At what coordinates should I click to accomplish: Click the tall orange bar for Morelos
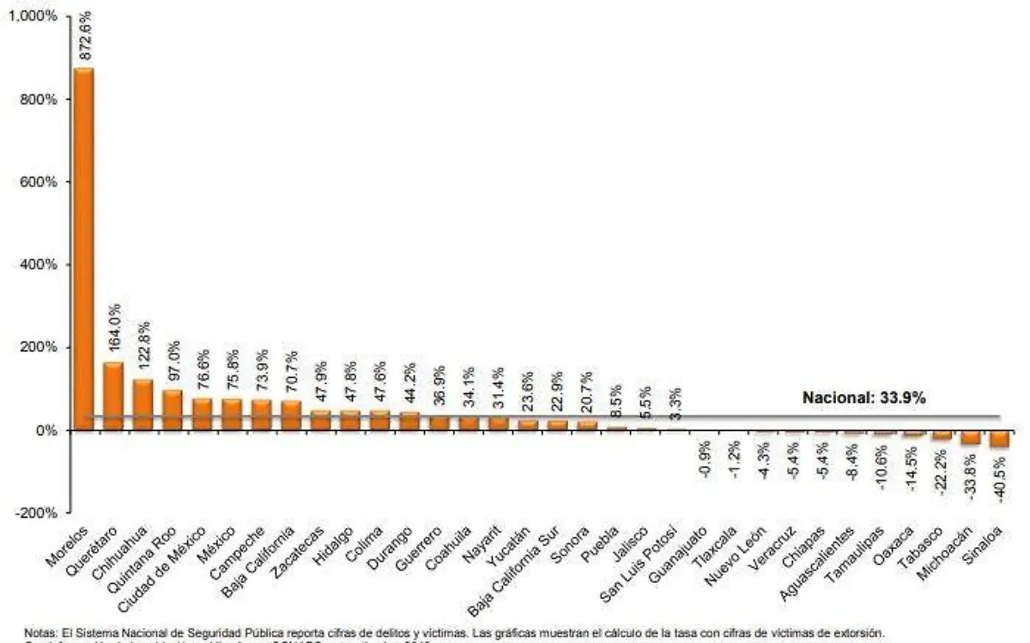click(x=83, y=249)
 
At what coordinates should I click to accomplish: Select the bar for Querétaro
click(x=113, y=396)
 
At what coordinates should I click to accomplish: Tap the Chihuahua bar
click(x=142, y=404)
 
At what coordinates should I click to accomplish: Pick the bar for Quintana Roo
click(x=173, y=409)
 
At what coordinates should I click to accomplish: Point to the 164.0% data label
click(x=114, y=331)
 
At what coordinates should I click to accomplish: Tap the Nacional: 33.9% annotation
click(x=863, y=397)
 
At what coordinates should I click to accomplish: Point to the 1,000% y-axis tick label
click(x=35, y=16)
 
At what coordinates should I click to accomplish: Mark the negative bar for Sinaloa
click(x=999, y=439)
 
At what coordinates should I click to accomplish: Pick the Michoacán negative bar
click(x=970, y=437)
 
